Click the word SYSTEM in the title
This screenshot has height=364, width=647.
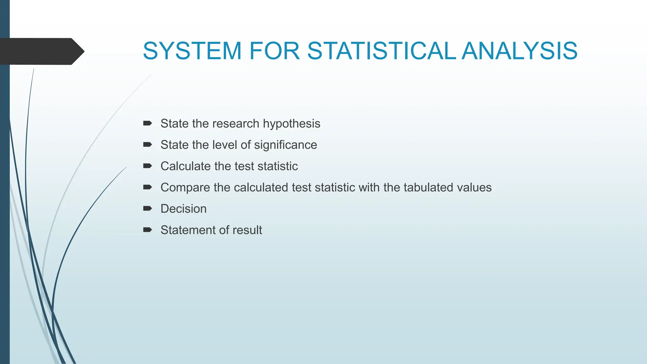tap(192, 51)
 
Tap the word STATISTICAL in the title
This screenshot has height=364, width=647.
tap(381, 51)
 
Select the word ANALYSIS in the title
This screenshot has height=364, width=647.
tap(519, 51)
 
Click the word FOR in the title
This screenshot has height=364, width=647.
tap(274, 51)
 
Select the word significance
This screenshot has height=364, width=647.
tap(285, 145)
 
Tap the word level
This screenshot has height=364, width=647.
tap(225, 145)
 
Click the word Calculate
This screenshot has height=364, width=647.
tap(185, 166)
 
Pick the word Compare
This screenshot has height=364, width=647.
tap(185, 188)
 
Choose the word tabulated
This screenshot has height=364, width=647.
tap(424, 187)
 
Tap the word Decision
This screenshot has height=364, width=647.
tap(184, 209)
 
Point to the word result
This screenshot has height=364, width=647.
tap(247, 230)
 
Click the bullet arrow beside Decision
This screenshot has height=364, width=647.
tap(148, 209)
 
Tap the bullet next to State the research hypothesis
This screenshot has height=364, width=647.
tap(148, 123)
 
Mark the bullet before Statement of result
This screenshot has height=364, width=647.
tap(148, 230)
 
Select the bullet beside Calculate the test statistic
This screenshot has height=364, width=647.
tap(148, 166)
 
